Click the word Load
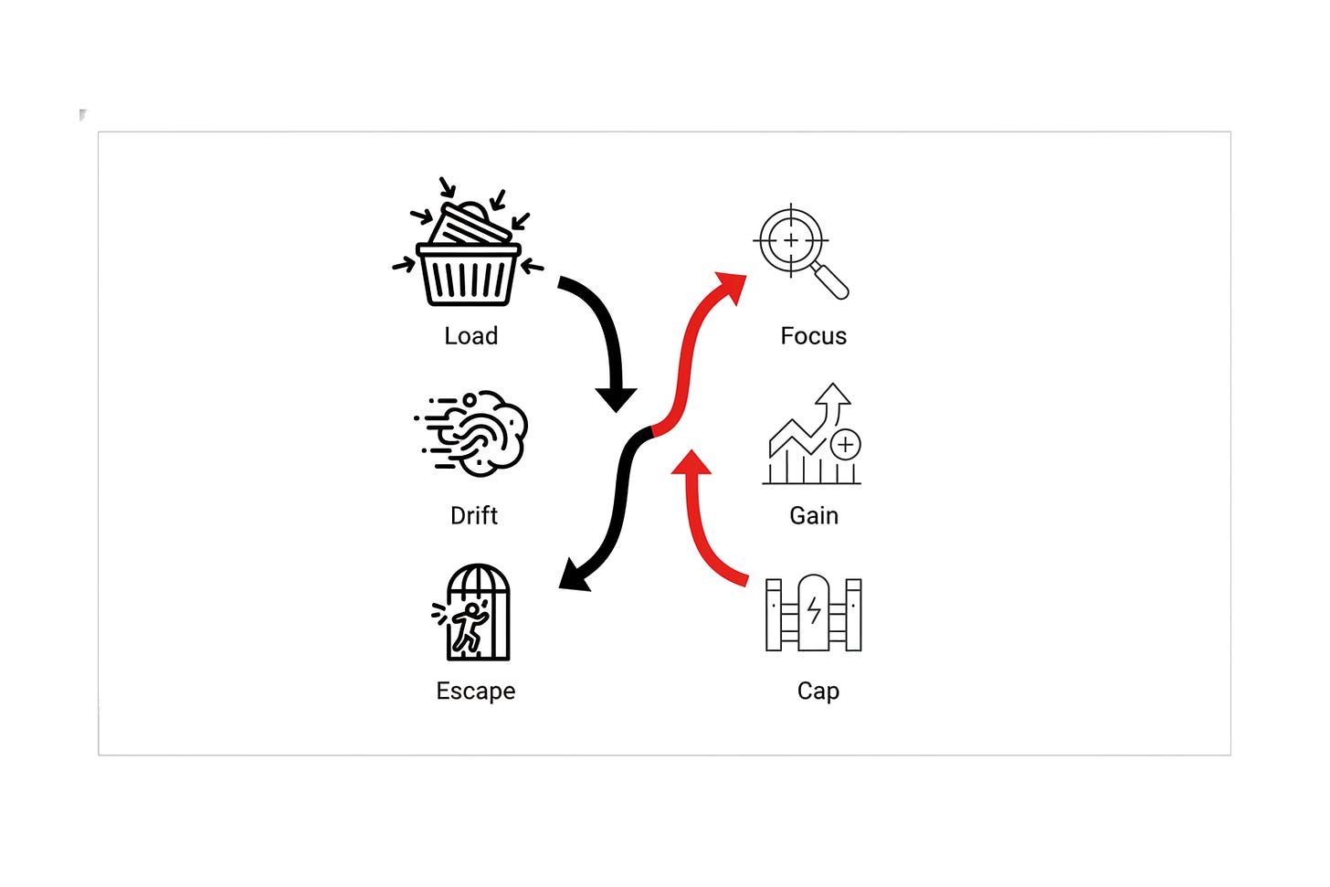tap(470, 336)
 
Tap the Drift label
tap(474, 515)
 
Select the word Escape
tap(476, 692)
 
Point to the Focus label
tap(813, 336)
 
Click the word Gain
tap(814, 515)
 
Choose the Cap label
tap(818, 692)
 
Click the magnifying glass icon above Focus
tap(800, 251)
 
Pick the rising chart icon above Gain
tap(812, 433)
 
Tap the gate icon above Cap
tap(813, 613)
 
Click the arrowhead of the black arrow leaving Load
tap(617, 399)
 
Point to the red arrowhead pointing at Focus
tap(733, 286)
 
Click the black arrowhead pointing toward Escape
tap(574, 575)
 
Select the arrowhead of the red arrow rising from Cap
tap(691, 462)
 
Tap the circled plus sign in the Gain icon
tap(846, 445)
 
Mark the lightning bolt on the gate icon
tap(814, 611)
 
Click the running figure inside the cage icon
tap(470, 627)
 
